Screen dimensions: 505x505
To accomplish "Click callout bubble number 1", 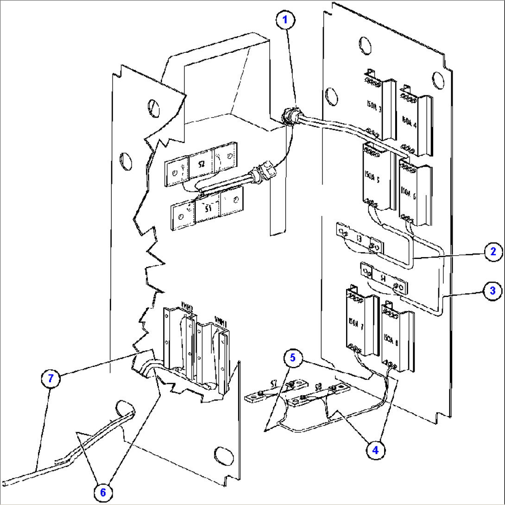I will click(285, 21).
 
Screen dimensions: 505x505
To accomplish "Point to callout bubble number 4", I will click(377, 449).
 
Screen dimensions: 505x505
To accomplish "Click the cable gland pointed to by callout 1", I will click(290, 115).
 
